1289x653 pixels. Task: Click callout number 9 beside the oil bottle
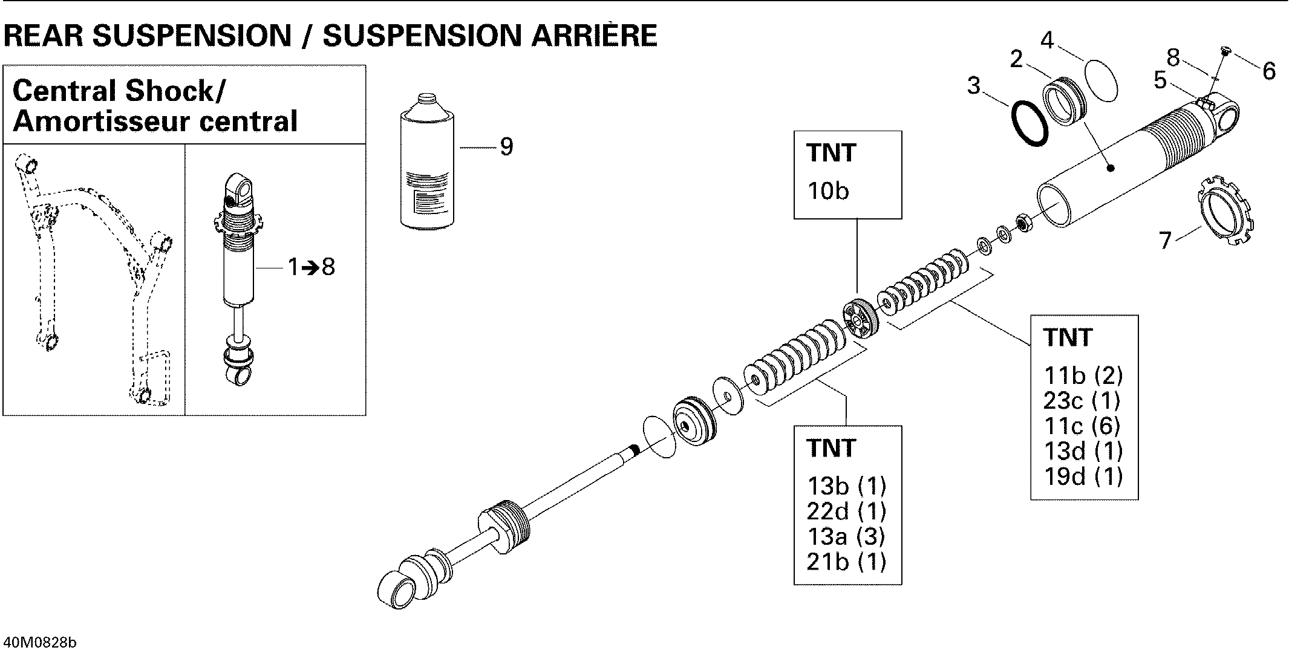(x=506, y=147)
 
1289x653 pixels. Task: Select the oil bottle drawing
(x=426, y=163)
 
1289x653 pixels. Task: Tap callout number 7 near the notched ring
(x=1166, y=240)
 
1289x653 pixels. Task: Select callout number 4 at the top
(x=1047, y=41)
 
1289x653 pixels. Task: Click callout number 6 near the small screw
(x=1269, y=71)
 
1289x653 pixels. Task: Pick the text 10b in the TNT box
(x=828, y=192)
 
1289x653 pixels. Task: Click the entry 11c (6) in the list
(x=1082, y=426)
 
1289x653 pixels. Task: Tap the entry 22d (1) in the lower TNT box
(x=846, y=512)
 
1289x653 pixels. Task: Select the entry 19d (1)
(x=1083, y=477)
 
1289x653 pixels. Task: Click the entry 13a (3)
(x=846, y=537)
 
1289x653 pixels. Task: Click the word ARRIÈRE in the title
(x=593, y=36)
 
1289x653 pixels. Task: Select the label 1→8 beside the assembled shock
(x=311, y=267)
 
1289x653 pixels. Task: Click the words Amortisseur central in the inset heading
(x=155, y=121)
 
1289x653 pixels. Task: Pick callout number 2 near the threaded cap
(x=1016, y=59)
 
